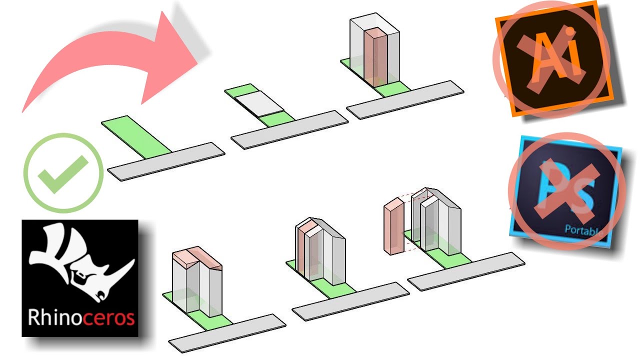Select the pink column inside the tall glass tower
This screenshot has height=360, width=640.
pyautogui.click(x=375, y=57)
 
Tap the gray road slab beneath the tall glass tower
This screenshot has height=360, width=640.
pyautogui.click(x=405, y=99)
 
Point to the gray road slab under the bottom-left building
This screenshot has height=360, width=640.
pyautogui.click(x=227, y=332)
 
